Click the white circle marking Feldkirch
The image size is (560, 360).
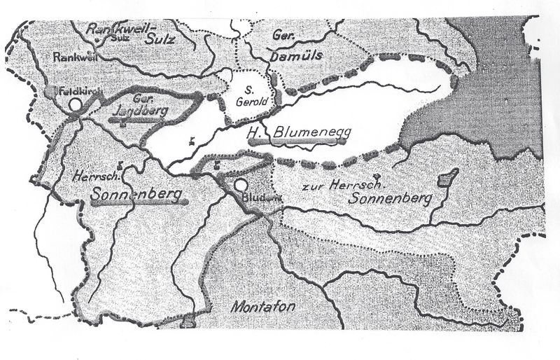[76, 105]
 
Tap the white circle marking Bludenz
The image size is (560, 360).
[241, 185]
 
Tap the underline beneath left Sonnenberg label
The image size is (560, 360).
[139, 201]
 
